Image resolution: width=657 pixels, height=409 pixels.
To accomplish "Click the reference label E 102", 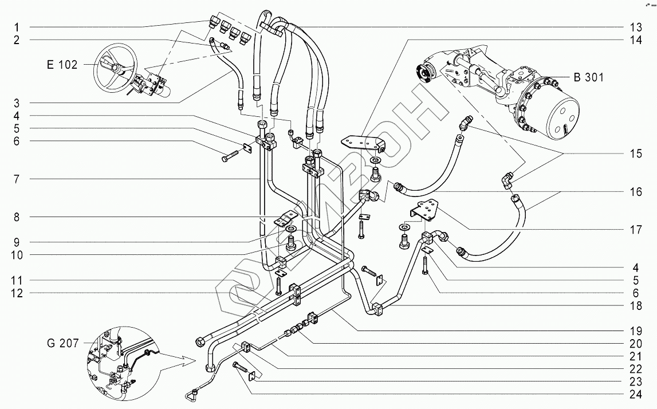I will point(61,65).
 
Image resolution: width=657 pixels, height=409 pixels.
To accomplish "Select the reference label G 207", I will point(61,344).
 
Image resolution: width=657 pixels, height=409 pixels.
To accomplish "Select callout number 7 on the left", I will point(17,179).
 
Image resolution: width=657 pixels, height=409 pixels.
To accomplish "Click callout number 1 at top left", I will point(17,27).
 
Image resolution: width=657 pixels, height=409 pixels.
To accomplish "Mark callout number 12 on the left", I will point(17,293).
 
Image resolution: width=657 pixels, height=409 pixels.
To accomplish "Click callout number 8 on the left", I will point(17,217).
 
